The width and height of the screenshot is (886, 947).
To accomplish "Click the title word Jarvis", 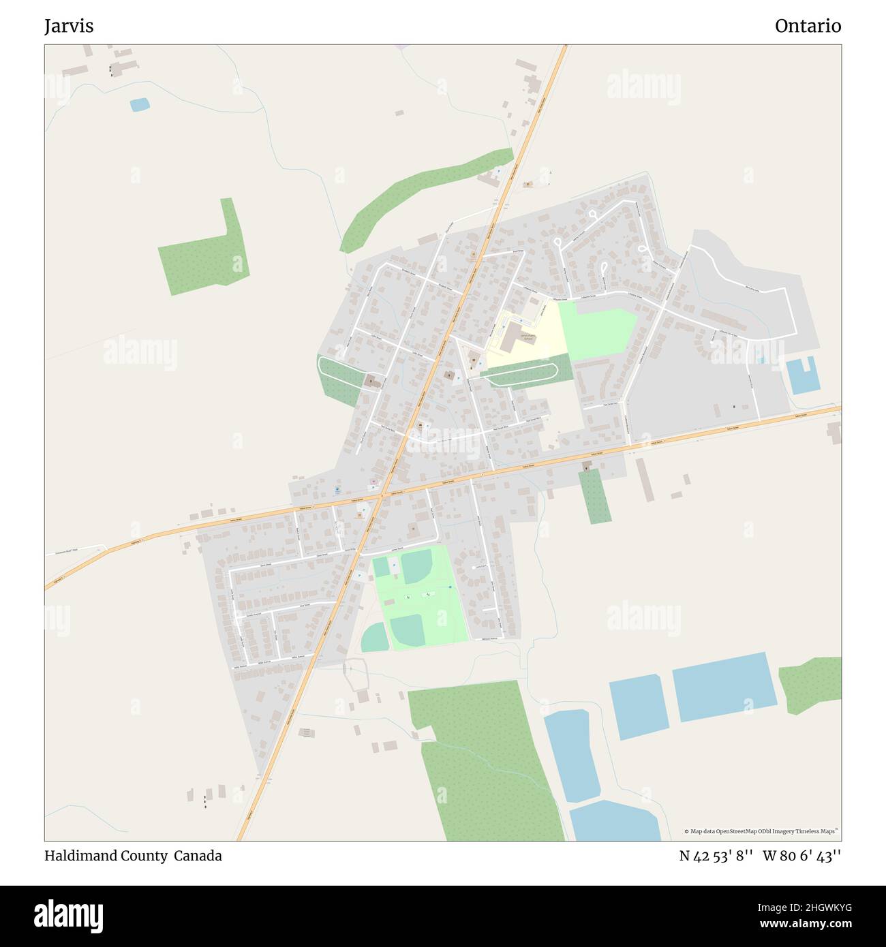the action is tap(69, 26).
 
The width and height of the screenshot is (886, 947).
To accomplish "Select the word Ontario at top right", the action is tap(808, 26).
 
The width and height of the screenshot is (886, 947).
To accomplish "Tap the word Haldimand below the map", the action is tap(81, 856).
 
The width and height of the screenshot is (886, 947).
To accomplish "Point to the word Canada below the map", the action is tap(198, 856).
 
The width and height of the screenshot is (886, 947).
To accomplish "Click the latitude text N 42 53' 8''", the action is tap(716, 856).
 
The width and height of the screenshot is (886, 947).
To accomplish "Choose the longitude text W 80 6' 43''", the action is tap(801, 856).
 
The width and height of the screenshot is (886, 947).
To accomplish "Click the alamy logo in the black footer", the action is tap(69, 915).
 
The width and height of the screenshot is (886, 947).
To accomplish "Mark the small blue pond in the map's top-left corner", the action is tap(140, 105).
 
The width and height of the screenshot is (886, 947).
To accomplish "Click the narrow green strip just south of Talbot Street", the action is tap(594, 496).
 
